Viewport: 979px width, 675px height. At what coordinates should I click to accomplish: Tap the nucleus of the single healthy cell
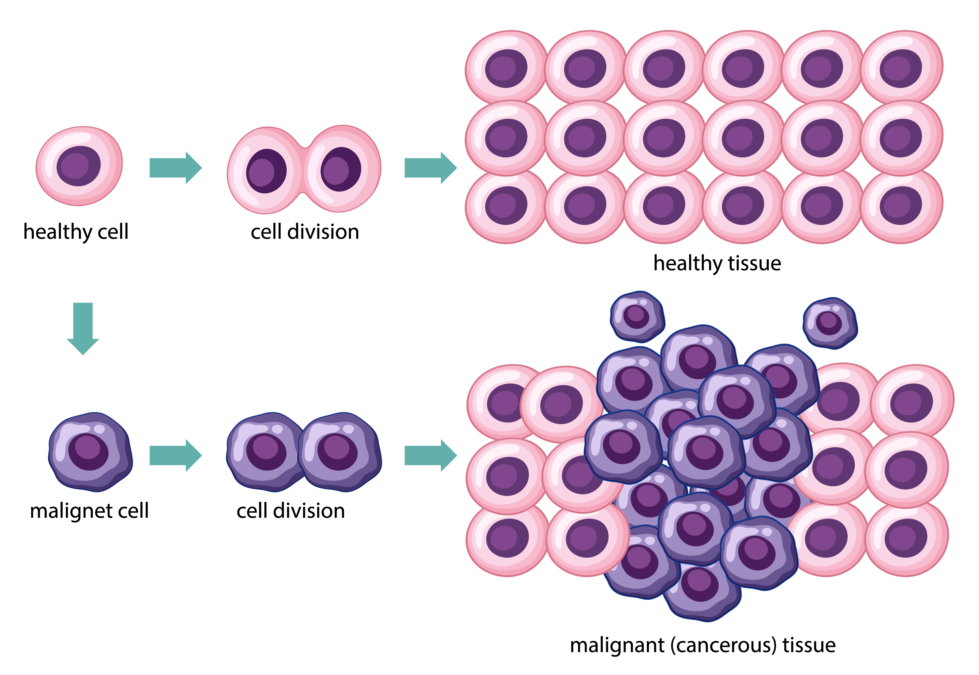tap(79, 166)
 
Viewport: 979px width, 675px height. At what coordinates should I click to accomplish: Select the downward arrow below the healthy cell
tap(83, 328)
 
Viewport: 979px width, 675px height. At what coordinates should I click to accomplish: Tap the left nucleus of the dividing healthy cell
tap(266, 171)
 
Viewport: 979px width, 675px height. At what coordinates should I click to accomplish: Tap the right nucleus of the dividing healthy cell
tap(340, 169)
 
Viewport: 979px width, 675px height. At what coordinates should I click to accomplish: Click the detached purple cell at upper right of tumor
tap(829, 323)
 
